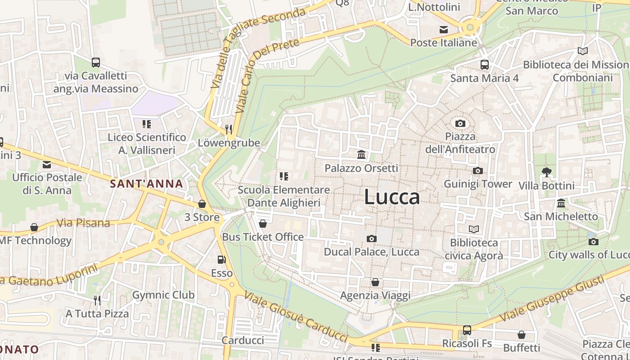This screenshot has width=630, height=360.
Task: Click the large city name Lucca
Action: coord(392,197)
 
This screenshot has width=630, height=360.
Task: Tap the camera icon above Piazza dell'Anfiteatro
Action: coord(460,123)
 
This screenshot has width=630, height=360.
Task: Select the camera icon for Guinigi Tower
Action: coord(477,171)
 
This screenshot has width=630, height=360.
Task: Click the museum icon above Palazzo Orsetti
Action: coord(361,155)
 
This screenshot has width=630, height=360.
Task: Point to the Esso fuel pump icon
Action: coord(221,260)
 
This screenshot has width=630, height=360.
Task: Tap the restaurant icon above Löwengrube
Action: coord(229,130)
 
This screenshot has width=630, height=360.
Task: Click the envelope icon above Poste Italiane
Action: coord(444,30)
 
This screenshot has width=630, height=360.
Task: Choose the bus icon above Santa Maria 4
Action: coord(484,65)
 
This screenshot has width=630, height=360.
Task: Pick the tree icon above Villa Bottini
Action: coord(546,172)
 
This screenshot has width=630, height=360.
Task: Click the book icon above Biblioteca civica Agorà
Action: coord(473,229)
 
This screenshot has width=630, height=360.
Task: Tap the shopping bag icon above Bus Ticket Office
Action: coord(263,224)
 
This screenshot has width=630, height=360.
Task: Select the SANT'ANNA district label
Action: coord(147,184)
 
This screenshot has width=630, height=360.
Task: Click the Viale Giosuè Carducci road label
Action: coord(297,317)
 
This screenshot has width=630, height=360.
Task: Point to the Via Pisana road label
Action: coord(84,223)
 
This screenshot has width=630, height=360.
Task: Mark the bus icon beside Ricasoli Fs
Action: coord(467,330)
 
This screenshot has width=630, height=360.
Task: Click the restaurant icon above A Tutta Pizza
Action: coord(97,300)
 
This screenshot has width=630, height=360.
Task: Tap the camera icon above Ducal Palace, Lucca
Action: coord(371,238)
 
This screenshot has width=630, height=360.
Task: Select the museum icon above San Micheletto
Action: coord(561,203)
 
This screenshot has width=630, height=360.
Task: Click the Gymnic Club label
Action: coord(163,295)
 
